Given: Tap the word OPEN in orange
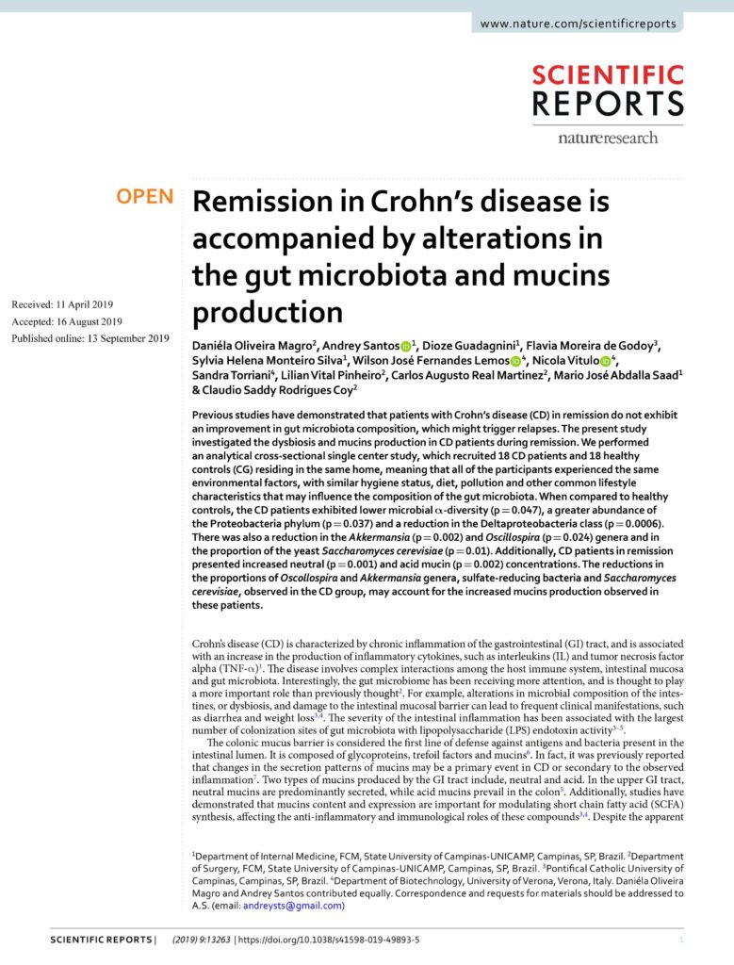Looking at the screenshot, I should click(144, 197).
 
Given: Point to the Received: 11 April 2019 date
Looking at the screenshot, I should click(62, 303).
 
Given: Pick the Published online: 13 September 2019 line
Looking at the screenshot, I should click(90, 338).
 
